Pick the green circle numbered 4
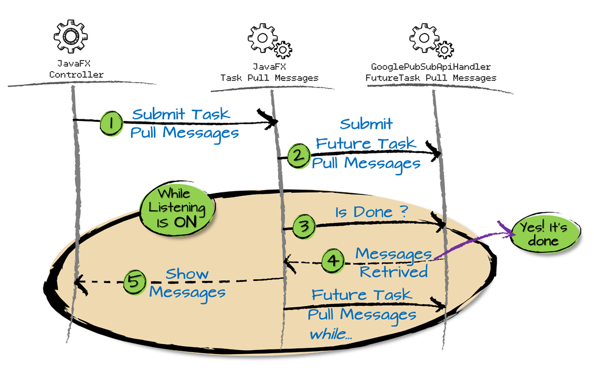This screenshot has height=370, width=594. (x=334, y=261)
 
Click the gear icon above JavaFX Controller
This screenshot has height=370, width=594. (x=70, y=36)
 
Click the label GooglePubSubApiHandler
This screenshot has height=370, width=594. (x=430, y=67)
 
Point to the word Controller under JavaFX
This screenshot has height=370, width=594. (x=76, y=75)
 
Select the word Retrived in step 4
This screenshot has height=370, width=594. (x=394, y=272)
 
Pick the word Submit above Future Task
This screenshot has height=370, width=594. (x=366, y=124)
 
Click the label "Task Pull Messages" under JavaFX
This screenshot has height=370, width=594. (x=269, y=78)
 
